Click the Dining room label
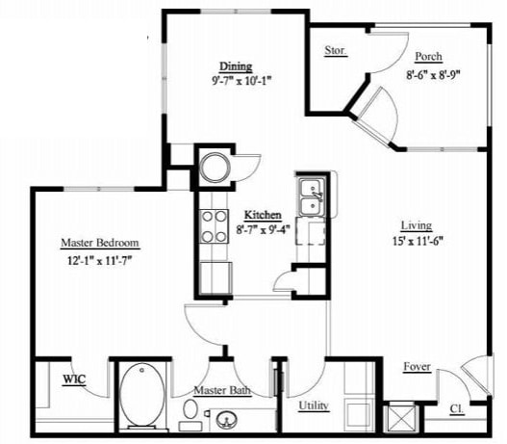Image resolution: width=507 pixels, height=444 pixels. coord(235,66)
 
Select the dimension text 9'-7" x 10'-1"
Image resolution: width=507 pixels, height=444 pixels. coord(235,81)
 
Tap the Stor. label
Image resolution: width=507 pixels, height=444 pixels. coord(335,50)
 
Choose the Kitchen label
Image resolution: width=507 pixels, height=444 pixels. coord(263,215)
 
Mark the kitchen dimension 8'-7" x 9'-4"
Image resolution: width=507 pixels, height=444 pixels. coord(263,229)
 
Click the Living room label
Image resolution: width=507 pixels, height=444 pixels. coord(417,225)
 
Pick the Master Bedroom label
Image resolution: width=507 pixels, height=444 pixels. coord(100,243)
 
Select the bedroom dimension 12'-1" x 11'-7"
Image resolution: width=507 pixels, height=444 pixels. coord(100,259)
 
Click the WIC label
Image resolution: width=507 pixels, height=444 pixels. coord(75,379)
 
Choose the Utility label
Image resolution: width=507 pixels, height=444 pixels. coord(314,406)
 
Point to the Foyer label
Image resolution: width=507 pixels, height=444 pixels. coord(417,366)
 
